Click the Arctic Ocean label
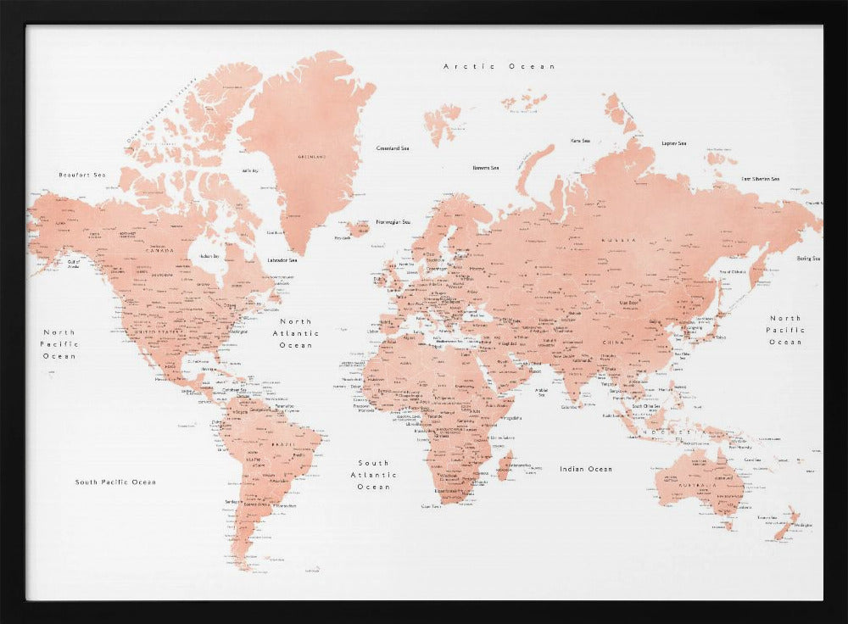click(x=499, y=66)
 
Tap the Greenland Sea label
click(x=393, y=148)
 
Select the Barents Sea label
click(x=486, y=168)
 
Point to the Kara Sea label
click(x=581, y=141)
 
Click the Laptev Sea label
click(x=674, y=143)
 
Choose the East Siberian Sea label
click(x=760, y=179)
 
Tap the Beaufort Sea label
click(x=81, y=175)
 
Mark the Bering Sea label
click(x=807, y=258)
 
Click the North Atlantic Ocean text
click(x=296, y=333)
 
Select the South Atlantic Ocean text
click(x=373, y=475)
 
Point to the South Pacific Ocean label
click(x=115, y=482)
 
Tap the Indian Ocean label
click(x=585, y=469)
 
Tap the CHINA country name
click(x=612, y=342)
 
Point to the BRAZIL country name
click(x=281, y=444)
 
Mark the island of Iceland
click(x=357, y=228)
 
